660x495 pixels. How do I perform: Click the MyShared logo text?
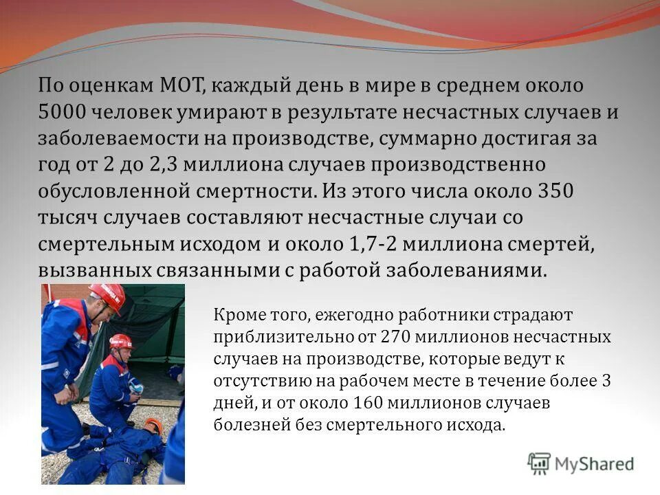tap(594, 464)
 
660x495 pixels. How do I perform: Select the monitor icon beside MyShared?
tap(539, 464)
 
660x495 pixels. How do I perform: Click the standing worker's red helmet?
tap(109, 296)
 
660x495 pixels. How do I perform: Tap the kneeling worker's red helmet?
tap(121, 342)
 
